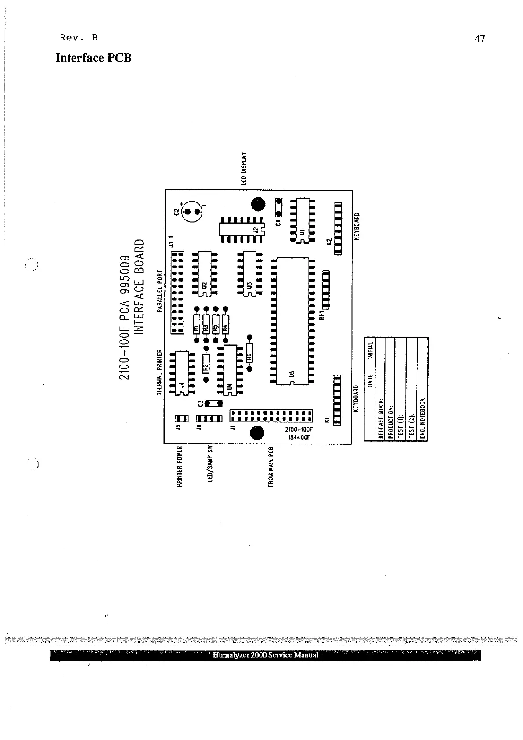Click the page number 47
coord(480,39)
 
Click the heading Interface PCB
coord(93,58)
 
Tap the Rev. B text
coord(79,37)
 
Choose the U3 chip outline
coord(250,274)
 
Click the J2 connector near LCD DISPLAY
coord(242,229)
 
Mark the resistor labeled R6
coord(249,353)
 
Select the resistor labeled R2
coord(206,363)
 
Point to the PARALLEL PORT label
coord(160,291)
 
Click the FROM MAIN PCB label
coord(271,467)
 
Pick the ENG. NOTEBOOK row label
coord(422,419)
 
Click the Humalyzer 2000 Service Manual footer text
coord(266,655)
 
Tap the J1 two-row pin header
coord(271,415)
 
